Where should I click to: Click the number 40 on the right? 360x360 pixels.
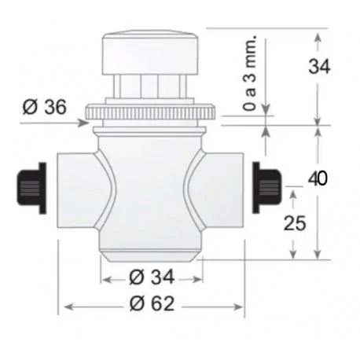318,178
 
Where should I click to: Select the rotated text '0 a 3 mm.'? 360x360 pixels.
249,83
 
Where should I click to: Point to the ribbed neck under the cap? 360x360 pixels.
152,86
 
